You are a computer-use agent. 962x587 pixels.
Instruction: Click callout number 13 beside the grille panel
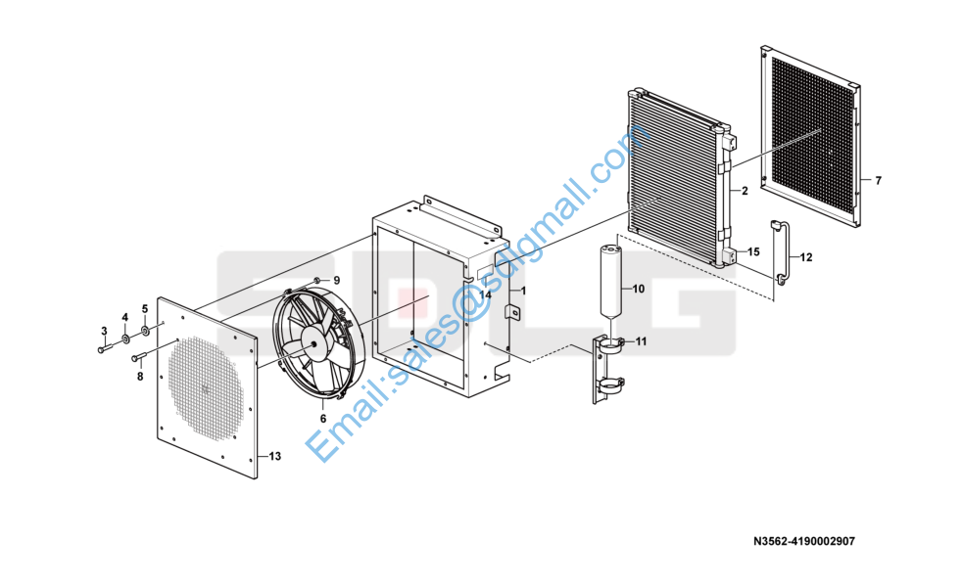pyautogui.click(x=275, y=457)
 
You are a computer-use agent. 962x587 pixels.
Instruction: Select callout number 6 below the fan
pyautogui.click(x=323, y=419)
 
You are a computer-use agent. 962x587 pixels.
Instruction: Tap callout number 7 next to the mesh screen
pyautogui.click(x=879, y=181)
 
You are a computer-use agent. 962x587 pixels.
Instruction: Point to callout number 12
pyautogui.click(x=806, y=258)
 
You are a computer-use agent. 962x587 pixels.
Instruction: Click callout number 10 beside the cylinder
pyautogui.click(x=638, y=289)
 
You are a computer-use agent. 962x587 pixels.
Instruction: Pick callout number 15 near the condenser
pyautogui.click(x=753, y=251)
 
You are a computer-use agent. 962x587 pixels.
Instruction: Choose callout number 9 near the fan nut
pyautogui.click(x=336, y=281)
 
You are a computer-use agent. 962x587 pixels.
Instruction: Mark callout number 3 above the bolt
pyautogui.click(x=104, y=332)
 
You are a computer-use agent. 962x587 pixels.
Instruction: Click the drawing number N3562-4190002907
pyautogui.click(x=803, y=542)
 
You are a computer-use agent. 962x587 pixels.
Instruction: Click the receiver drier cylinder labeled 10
pyautogui.click(x=611, y=280)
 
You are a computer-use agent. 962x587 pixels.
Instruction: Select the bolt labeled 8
pyautogui.click(x=139, y=356)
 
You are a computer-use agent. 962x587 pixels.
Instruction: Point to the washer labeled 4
pyautogui.click(x=125, y=339)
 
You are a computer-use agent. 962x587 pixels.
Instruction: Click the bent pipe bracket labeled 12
pyautogui.click(x=782, y=251)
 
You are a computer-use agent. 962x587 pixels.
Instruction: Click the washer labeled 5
pyautogui.click(x=146, y=332)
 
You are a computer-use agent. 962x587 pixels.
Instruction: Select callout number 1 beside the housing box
pyautogui.click(x=523, y=291)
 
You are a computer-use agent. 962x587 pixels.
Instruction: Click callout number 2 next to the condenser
pyautogui.click(x=745, y=191)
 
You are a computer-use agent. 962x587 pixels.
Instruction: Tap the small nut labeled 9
pyautogui.click(x=316, y=280)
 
